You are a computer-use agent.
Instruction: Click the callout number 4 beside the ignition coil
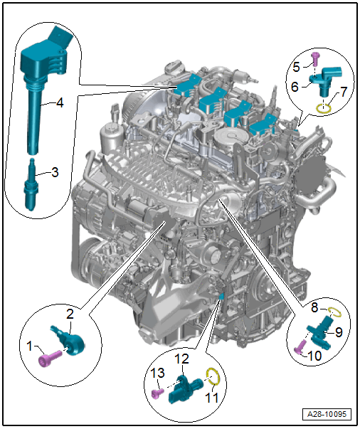(60, 103)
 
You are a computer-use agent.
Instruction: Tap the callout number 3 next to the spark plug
(55, 172)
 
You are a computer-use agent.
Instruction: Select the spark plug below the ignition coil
(31, 185)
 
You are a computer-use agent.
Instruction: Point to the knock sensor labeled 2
(70, 340)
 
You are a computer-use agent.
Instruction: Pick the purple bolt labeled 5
(315, 59)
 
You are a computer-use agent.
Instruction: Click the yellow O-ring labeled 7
(324, 109)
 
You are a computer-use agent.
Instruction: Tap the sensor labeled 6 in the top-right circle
(326, 81)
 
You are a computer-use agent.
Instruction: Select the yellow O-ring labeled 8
(335, 312)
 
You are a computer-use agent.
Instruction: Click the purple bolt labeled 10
(301, 346)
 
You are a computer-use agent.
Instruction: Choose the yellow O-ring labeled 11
(212, 376)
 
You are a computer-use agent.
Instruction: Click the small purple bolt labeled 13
(157, 393)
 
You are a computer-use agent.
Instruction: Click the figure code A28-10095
(327, 414)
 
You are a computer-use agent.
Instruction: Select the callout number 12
(181, 359)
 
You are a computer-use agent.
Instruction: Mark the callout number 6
(295, 87)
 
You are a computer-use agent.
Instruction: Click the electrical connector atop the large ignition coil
(60, 37)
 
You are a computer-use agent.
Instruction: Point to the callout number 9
(339, 332)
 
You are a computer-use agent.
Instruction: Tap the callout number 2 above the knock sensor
(70, 314)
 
